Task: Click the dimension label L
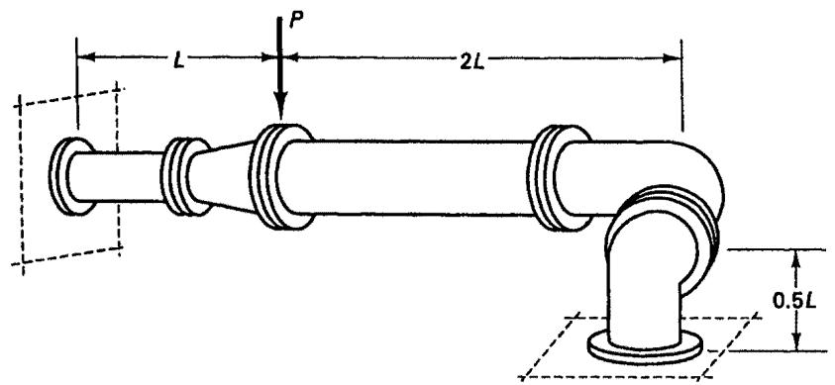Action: (x=179, y=61)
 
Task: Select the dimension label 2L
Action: (x=471, y=62)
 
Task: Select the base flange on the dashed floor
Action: (x=644, y=348)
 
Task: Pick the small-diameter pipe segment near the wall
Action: (x=117, y=176)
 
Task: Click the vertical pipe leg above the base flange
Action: (x=642, y=298)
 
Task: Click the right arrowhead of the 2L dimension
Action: (x=672, y=58)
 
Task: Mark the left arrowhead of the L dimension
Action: (x=87, y=56)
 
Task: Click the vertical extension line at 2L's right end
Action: (x=681, y=84)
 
